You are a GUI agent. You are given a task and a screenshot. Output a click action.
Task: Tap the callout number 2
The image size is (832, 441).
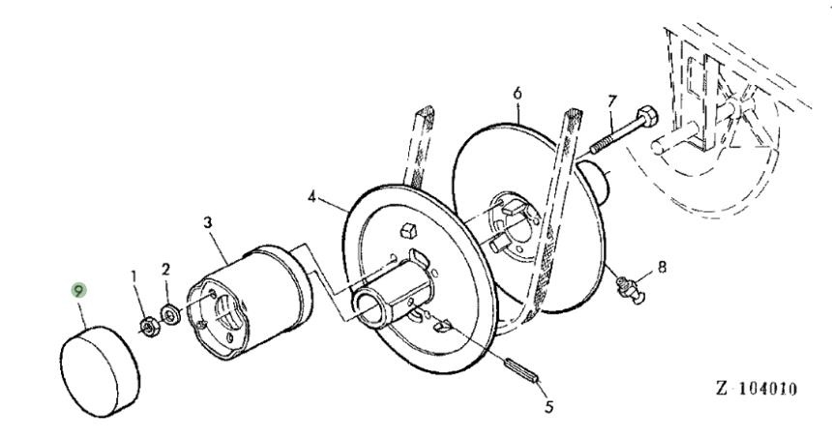(165, 268)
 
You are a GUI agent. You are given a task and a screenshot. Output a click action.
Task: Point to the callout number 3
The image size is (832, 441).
(207, 222)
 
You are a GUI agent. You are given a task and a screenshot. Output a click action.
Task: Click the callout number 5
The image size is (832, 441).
(549, 406)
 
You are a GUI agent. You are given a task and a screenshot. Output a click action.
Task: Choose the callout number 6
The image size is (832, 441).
(518, 93)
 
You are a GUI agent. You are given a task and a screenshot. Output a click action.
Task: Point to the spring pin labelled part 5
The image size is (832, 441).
(524, 370)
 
